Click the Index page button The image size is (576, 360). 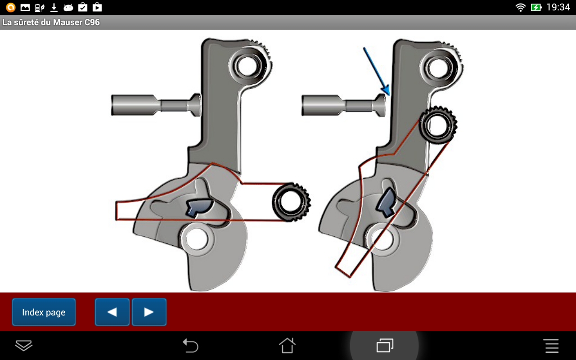44,312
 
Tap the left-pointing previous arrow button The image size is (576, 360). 112,312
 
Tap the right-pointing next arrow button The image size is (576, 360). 149,312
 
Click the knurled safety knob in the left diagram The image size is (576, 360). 291,202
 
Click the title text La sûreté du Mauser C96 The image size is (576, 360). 51,22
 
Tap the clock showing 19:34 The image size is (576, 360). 558,7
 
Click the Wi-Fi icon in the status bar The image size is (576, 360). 521,7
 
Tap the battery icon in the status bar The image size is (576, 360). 536,7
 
